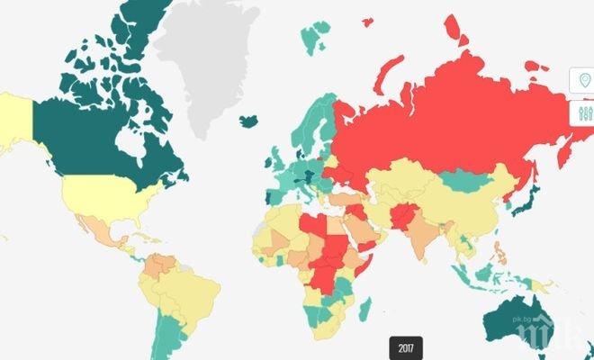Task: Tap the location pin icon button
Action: click(x=584, y=82)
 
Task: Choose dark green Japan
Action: click(x=529, y=199)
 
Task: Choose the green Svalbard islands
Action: click(x=312, y=38)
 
